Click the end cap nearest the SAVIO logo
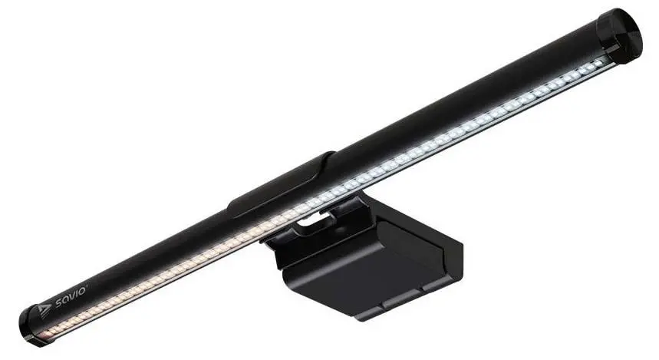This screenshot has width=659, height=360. pyautogui.click(x=31, y=323)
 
